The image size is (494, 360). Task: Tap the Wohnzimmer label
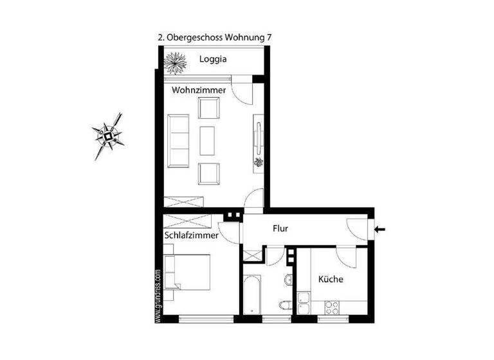(x=198, y=91)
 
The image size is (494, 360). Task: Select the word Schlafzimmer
(x=191, y=235)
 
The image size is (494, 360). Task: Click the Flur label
(x=280, y=228)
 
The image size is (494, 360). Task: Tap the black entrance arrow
(x=380, y=228)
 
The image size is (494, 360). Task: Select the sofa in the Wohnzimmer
(x=178, y=139)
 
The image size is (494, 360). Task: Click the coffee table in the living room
(x=208, y=139)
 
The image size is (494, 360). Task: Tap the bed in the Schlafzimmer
(x=187, y=272)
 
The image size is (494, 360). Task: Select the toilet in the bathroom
(x=285, y=305)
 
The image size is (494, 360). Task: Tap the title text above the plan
(x=214, y=37)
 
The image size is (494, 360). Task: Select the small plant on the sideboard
(x=259, y=161)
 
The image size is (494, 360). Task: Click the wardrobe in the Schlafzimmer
(x=191, y=222)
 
